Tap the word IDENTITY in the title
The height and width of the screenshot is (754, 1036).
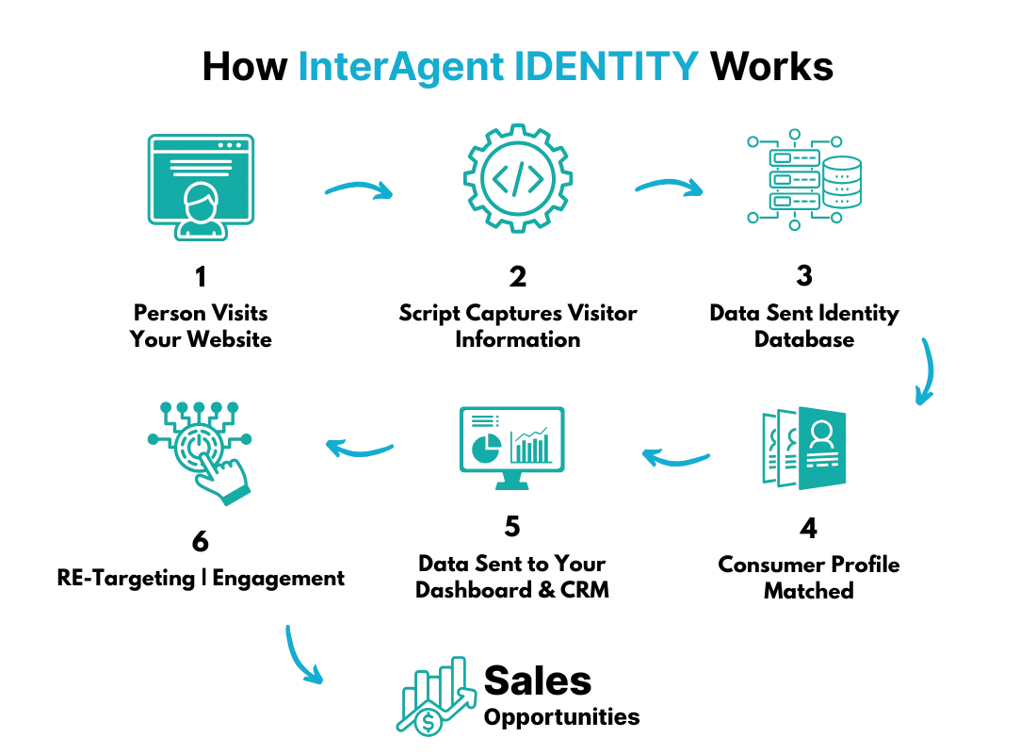click(607, 67)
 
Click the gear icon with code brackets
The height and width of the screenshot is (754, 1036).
click(519, 179)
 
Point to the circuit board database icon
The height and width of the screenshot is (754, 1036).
click(806, 178)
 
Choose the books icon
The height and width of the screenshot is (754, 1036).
click(806, 449)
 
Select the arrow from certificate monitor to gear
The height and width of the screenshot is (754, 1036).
click(361, 191)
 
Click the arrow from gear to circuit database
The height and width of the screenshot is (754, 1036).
click(670, 187)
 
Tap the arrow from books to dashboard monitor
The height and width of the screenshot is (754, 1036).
click(677, 458)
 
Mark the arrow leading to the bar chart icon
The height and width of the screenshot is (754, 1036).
click(301, 652)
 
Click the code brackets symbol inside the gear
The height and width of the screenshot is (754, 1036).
click(519, 179)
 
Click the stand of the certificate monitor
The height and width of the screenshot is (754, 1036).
click(201, 232)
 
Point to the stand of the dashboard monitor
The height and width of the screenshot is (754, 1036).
click(509, 481)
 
